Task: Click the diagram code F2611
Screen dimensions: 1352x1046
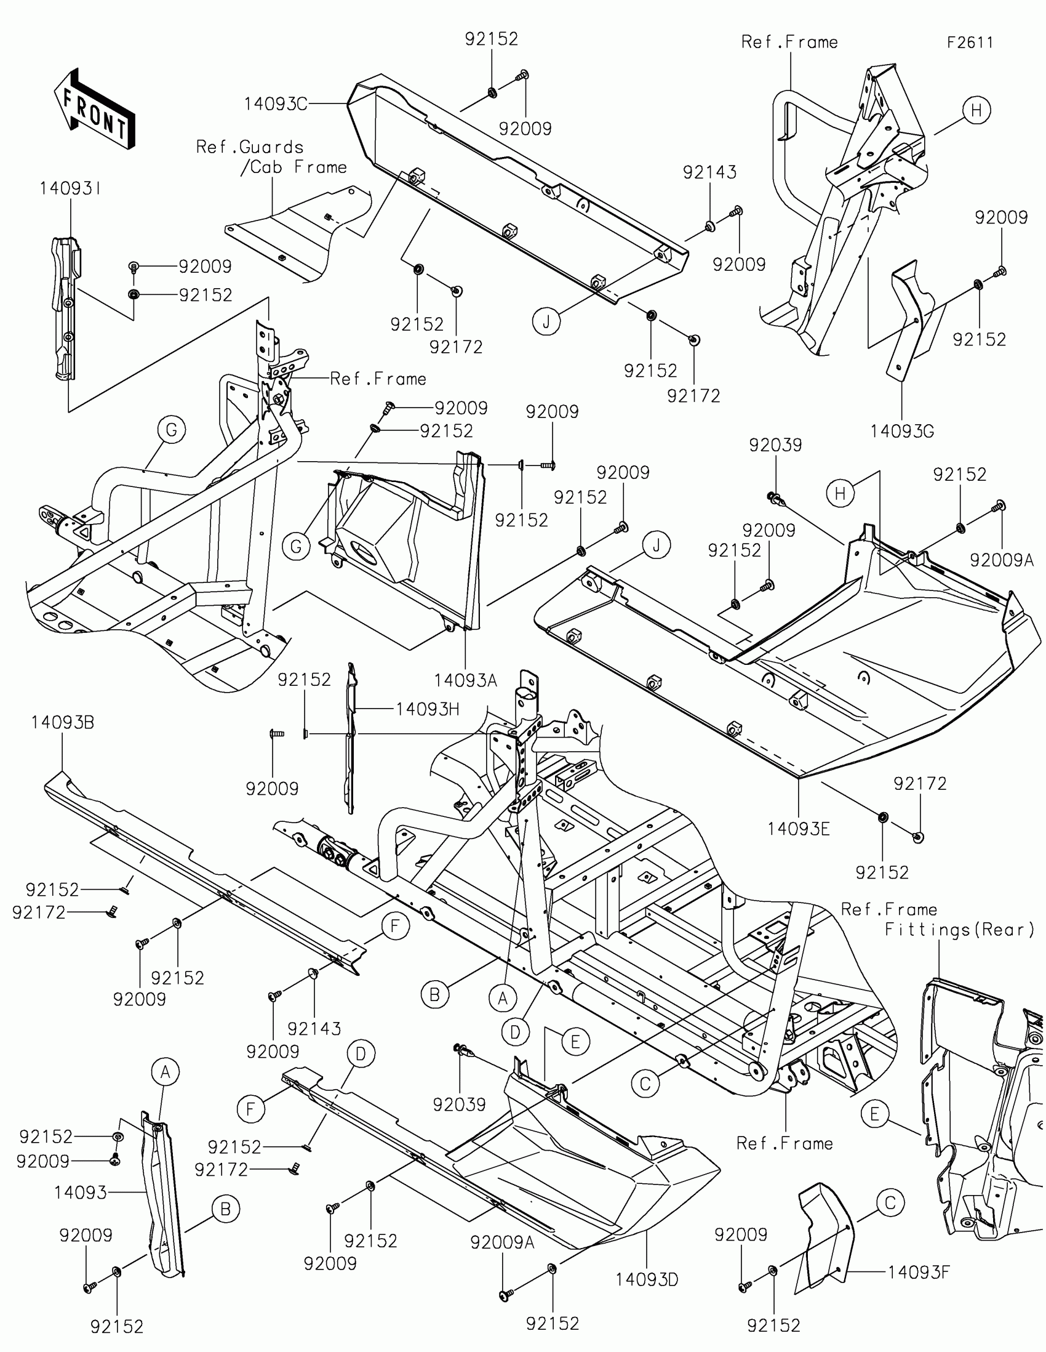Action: (969, 42)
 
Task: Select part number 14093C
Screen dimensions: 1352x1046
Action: (275, 104)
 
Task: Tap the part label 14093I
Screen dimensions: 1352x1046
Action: (70, 189)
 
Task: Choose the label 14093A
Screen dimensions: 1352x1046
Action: (465, 680)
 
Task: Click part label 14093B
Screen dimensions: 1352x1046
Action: (63, 722)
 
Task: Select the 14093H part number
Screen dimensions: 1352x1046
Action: (428, 709)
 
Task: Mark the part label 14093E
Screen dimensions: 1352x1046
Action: (798, 829)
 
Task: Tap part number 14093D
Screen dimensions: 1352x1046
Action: (647, 1279)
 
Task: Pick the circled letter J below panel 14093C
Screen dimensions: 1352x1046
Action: (546, 321)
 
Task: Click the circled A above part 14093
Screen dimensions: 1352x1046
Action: (165, 1072)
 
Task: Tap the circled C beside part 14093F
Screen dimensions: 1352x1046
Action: (890, 1203)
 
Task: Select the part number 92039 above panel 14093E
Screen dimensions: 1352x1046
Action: (775, 445)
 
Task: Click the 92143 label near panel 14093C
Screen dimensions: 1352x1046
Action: (709, 172)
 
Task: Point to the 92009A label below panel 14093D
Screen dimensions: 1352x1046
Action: (501, 1242)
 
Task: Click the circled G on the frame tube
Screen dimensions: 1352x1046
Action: (171, 430)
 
